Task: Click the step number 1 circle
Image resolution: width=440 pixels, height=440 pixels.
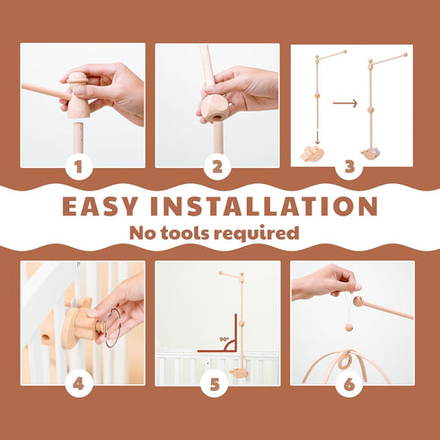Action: [78, 166]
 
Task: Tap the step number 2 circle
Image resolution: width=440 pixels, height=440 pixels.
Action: [217, 166]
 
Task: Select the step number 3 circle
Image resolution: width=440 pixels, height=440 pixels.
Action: [349, 166]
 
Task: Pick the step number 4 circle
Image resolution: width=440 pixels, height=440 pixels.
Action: [78, 383]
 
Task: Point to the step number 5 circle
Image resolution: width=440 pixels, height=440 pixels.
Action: [215, 383]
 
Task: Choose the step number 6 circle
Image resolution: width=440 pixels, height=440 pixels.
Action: [349, 383]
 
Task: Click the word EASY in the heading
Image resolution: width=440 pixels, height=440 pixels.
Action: [100, 207]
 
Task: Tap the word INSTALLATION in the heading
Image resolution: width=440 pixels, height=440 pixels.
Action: [264, 207]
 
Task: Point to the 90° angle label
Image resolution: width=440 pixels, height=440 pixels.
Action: [224, 339]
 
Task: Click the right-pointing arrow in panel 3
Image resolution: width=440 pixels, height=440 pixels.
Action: [345, 103]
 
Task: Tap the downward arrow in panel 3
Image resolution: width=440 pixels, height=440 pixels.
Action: [318, 137]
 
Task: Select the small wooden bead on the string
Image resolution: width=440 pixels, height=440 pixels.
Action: [349, 327]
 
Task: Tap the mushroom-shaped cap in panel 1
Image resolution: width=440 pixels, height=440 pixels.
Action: [76, 79]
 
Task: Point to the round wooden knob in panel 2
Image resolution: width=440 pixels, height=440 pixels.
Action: [213, 109]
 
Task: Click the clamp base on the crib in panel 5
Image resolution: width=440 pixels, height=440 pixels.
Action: [240, 373]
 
